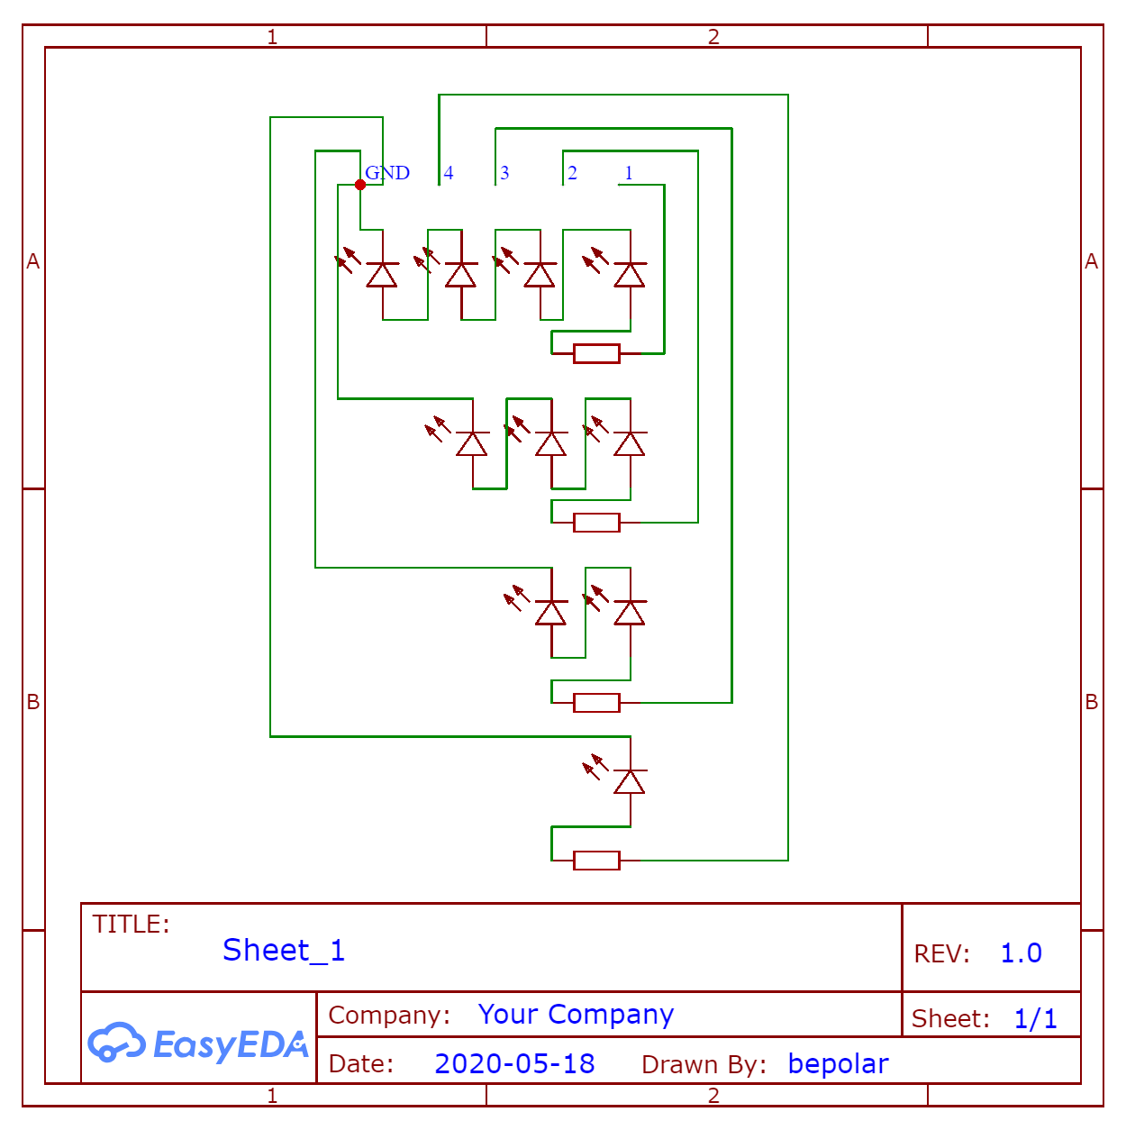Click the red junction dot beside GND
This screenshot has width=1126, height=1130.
tap(360, 185)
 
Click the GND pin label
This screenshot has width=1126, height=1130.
tap(387, 173)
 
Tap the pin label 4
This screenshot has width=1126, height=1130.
tap(449, 173)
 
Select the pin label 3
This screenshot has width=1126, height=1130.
tap(504, 173)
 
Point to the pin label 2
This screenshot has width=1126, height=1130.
tap(572, 173)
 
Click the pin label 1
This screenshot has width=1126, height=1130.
tap(629, 173)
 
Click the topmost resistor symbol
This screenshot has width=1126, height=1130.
tap(596, 353)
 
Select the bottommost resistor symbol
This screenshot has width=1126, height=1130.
tap(596, 861)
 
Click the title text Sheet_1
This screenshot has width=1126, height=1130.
tap(284, 951)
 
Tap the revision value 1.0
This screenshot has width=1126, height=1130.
tap(1021, 952)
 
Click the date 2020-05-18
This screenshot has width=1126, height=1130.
tap(514, 1063)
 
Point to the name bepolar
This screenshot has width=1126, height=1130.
tap(838, 1063)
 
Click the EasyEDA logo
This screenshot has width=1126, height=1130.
tap(198, 1043)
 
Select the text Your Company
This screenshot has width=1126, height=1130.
tap(576, 1015)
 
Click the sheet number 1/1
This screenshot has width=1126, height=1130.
tap(1036, 1018)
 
